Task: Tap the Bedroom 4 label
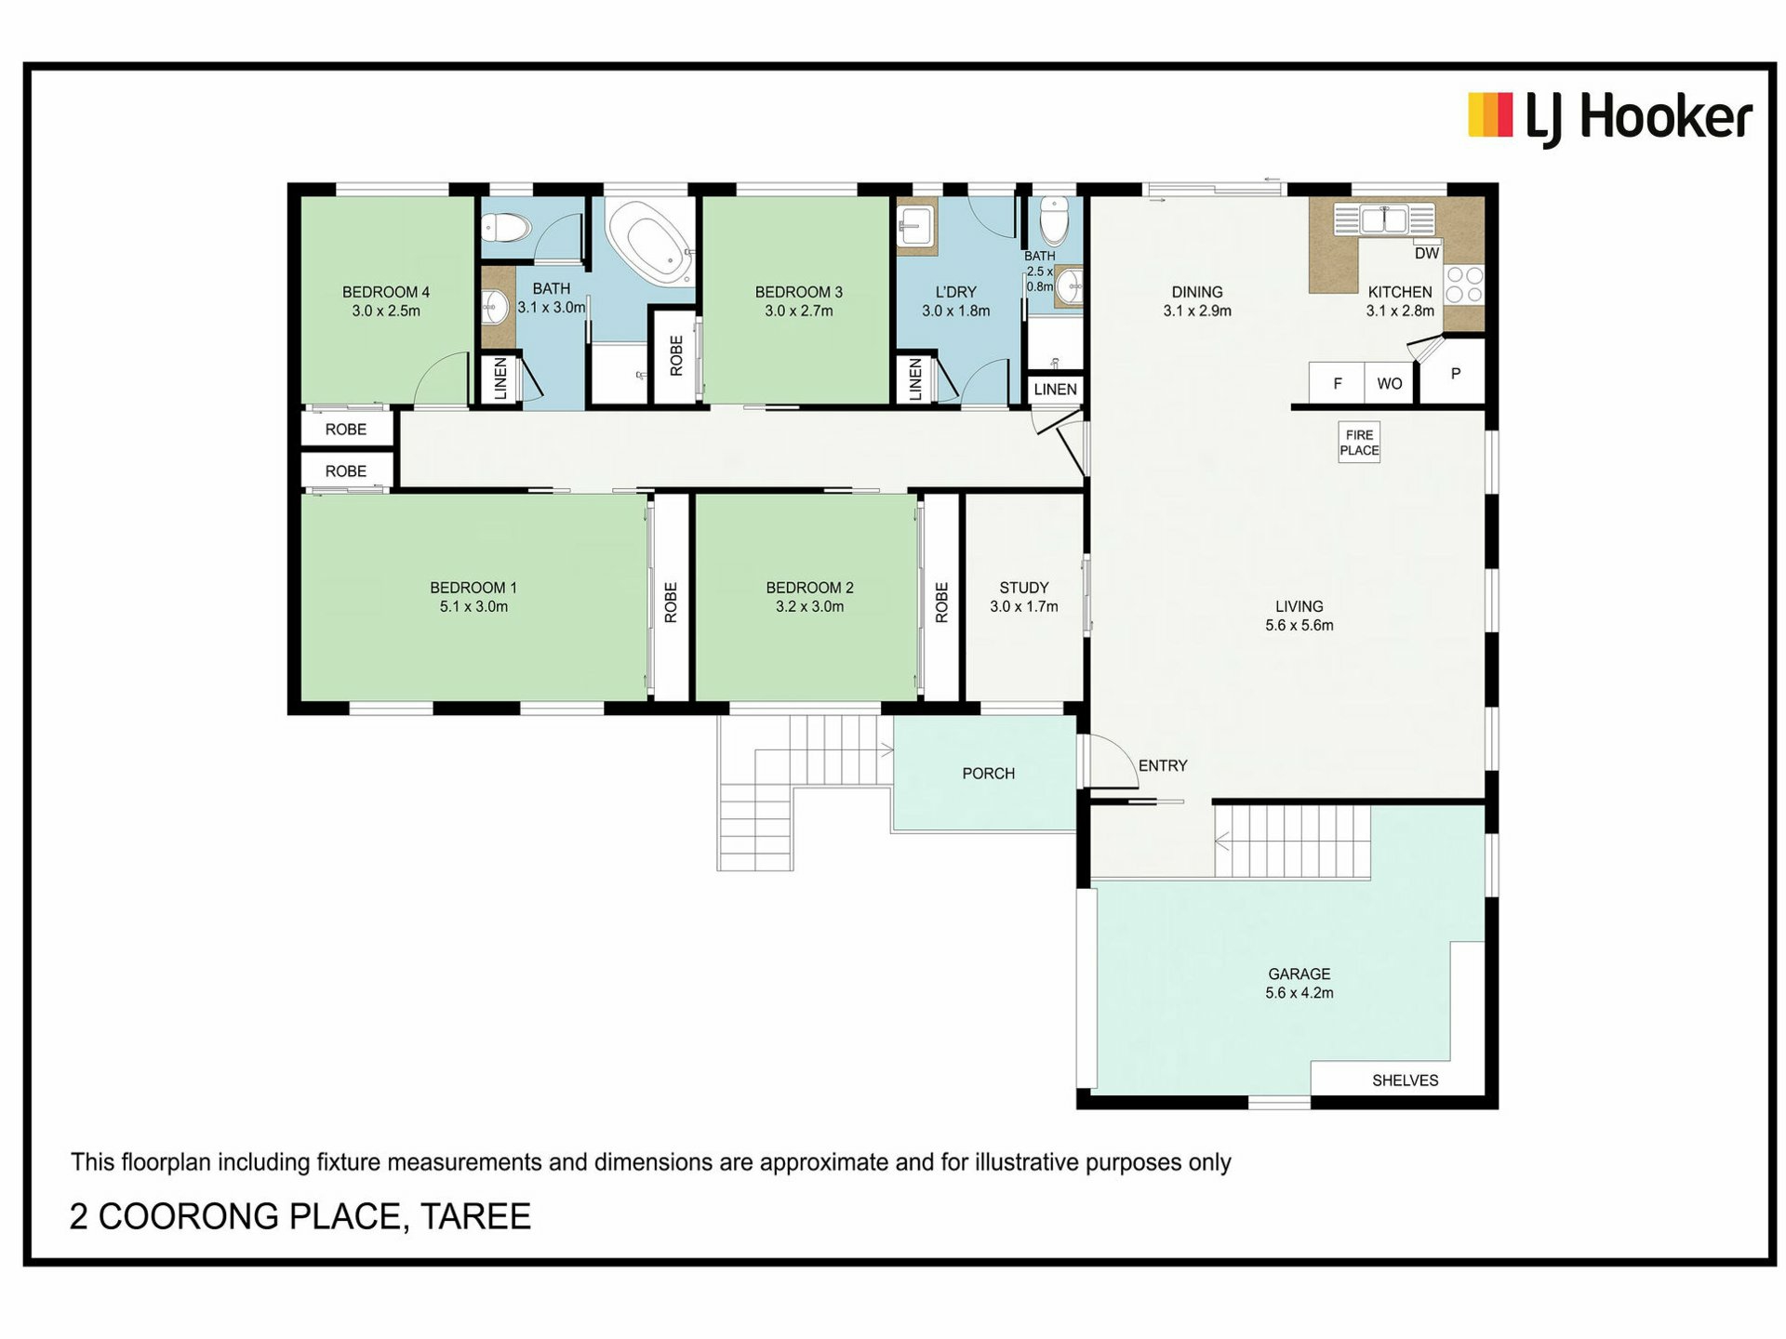coord(386,292)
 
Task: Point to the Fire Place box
coord(1359,442)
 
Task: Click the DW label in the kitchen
coord(1426,253)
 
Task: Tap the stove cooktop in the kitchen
coord(1464,285)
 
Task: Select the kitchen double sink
coord(1384,219)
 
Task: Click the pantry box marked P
coord(1454,373)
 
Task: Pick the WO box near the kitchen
coord(1389,383)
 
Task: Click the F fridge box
coord(1337,383)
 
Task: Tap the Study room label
coord(1023,588)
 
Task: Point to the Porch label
coord(988,774)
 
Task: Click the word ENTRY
coord(1163,765)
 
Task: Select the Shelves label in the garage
coord(1405,1080)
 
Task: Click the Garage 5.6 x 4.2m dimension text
coord(1299,993)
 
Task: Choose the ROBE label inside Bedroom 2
coord(941,603)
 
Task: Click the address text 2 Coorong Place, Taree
coord(300,1216)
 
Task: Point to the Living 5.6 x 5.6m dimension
coord(1299,626)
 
